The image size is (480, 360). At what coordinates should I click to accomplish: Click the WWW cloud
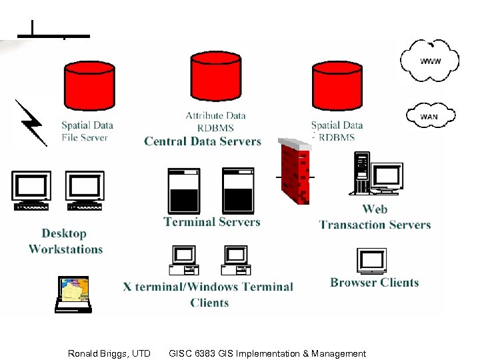tap(430, 61)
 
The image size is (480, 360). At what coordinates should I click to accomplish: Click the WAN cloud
tap(430, 116)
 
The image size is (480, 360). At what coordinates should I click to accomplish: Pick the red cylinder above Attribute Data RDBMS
tap(215, 80)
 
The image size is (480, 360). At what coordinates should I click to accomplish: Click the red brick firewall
tap(294, 171)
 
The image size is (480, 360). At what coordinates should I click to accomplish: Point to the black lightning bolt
tap(30, 123)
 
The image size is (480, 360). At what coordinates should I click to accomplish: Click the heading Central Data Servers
tap(203, 141)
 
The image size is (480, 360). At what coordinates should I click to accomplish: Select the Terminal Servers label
tap(212, 222)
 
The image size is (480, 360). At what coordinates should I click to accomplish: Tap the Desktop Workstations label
tap(65, 241)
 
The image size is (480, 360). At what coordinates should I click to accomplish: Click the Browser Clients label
tap(374, 283)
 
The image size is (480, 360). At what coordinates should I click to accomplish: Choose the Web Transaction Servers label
tap(375, 217)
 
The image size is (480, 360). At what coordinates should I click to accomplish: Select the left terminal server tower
tap(184, 190)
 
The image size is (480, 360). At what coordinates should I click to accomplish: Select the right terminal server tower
tap(238, 190)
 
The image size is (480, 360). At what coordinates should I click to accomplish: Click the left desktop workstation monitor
tap(31, 189)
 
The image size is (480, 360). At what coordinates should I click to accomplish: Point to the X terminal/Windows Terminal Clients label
tap(208, 295)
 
